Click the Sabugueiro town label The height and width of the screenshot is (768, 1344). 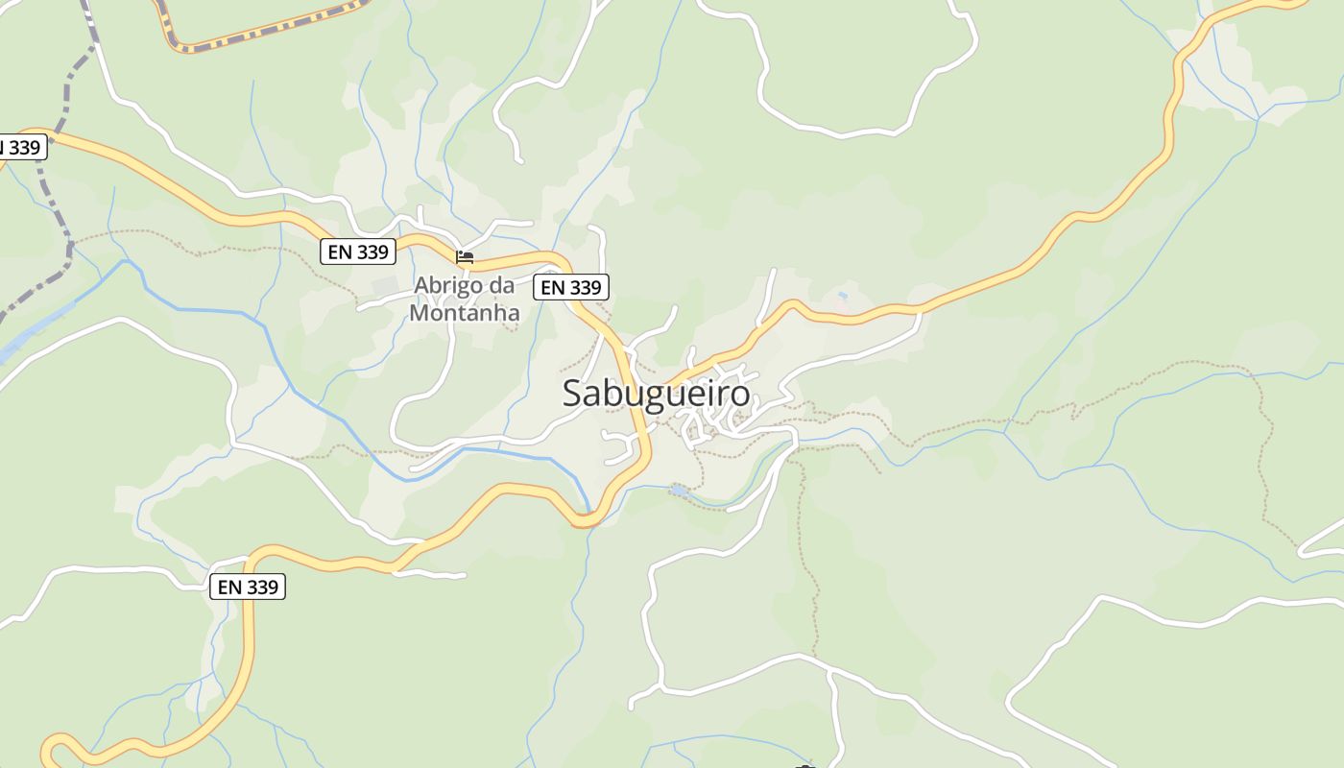pyautogui.click(x=656, y=394)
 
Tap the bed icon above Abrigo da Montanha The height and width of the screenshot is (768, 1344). pyautogui.click(x=465, y=257)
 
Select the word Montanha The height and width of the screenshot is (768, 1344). pyautogui.click(x=465, y=313)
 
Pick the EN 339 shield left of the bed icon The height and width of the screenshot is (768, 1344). pyautogui.click(x=358, y=252)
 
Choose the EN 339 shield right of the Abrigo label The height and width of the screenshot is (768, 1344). pyautogui.click(x=571, y=287)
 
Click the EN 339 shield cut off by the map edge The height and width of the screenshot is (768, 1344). pyautogui.click(x=21, y=147)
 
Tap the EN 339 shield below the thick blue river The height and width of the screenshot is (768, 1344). pyautogui.click(x=248, y=587)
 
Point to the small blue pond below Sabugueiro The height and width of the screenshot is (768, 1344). pyautogui.click(x=679, y=491)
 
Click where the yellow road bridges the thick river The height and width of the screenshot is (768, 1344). pyautogui.click(x=586, y=519)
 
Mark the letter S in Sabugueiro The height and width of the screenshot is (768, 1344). pyautogui.click(x=573, y=394)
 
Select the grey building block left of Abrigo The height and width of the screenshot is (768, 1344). pyautogui.click(x=384, y=286)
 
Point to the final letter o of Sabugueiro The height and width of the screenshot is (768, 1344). pyautogui.click(x=739, y=395)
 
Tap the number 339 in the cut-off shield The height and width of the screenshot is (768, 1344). pyautogui.click(x=25, y=147)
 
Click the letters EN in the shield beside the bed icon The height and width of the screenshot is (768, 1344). pyautogui.click(x=340, y=252)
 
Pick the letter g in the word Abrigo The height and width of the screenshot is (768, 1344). pyautogui.click(x=461, y=288)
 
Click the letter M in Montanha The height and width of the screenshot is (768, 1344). pyautogui.click(x=420, y=313)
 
